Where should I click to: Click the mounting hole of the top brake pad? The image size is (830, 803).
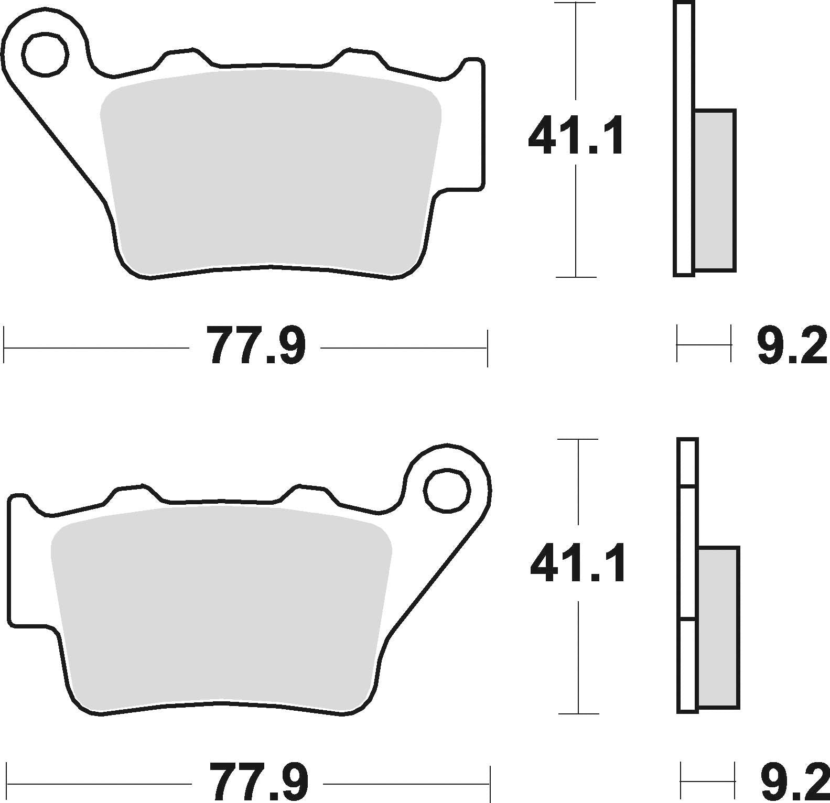[45, 53]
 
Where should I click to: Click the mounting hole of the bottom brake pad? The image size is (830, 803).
[447, 491]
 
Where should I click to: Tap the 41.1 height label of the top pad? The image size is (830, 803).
[576, 136]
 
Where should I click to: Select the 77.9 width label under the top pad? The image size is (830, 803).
[255, 345]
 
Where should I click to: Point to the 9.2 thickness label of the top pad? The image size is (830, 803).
[792, 345]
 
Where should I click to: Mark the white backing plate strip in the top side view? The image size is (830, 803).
[684, 139]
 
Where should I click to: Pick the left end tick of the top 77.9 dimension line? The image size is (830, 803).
[5, 346]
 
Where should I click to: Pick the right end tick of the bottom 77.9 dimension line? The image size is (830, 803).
[490, 784]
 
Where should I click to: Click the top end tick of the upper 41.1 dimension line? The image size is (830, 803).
[576, 4]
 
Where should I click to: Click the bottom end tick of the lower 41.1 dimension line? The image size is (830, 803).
[578, 713]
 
